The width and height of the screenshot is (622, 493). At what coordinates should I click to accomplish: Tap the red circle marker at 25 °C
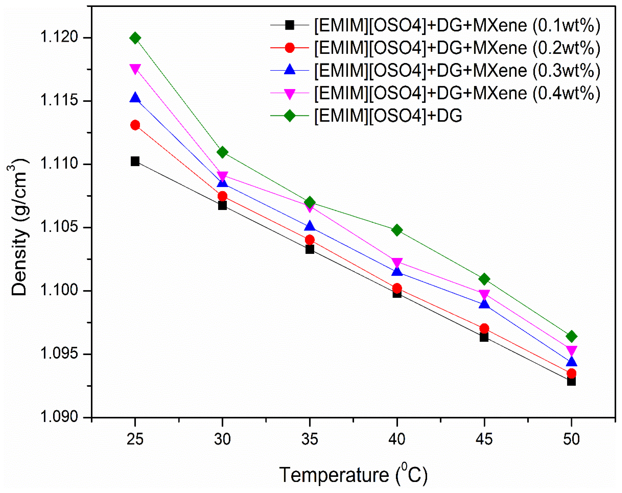[x=135, y=125]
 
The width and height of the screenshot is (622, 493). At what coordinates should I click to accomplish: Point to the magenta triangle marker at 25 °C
[x=135, y=69]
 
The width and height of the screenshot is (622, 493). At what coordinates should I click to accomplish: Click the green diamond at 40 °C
[x=397, y=230]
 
